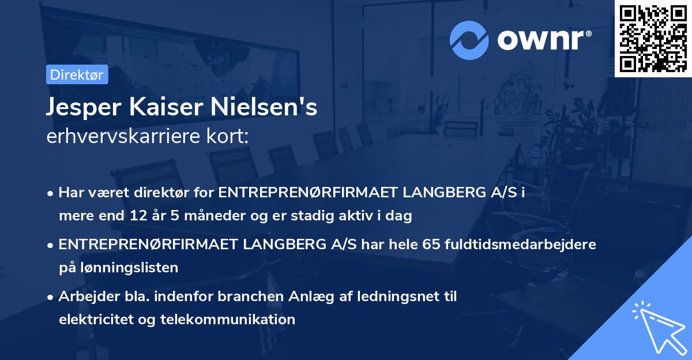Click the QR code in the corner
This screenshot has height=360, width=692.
click(653, 38)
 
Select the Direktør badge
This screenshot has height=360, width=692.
click(77, 74)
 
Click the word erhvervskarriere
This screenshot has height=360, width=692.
click(116, 137)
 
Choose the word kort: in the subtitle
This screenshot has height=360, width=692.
click(230, 137)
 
